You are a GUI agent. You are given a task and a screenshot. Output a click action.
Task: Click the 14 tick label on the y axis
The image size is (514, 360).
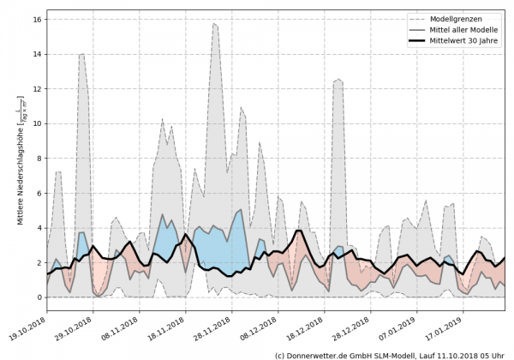coord(38,54)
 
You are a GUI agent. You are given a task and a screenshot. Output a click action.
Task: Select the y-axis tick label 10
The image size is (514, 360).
coord(38,123)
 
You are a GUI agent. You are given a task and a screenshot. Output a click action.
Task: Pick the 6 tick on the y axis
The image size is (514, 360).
coord(40,193)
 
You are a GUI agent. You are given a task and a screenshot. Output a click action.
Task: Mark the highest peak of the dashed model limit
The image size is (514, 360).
coord(214,24)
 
